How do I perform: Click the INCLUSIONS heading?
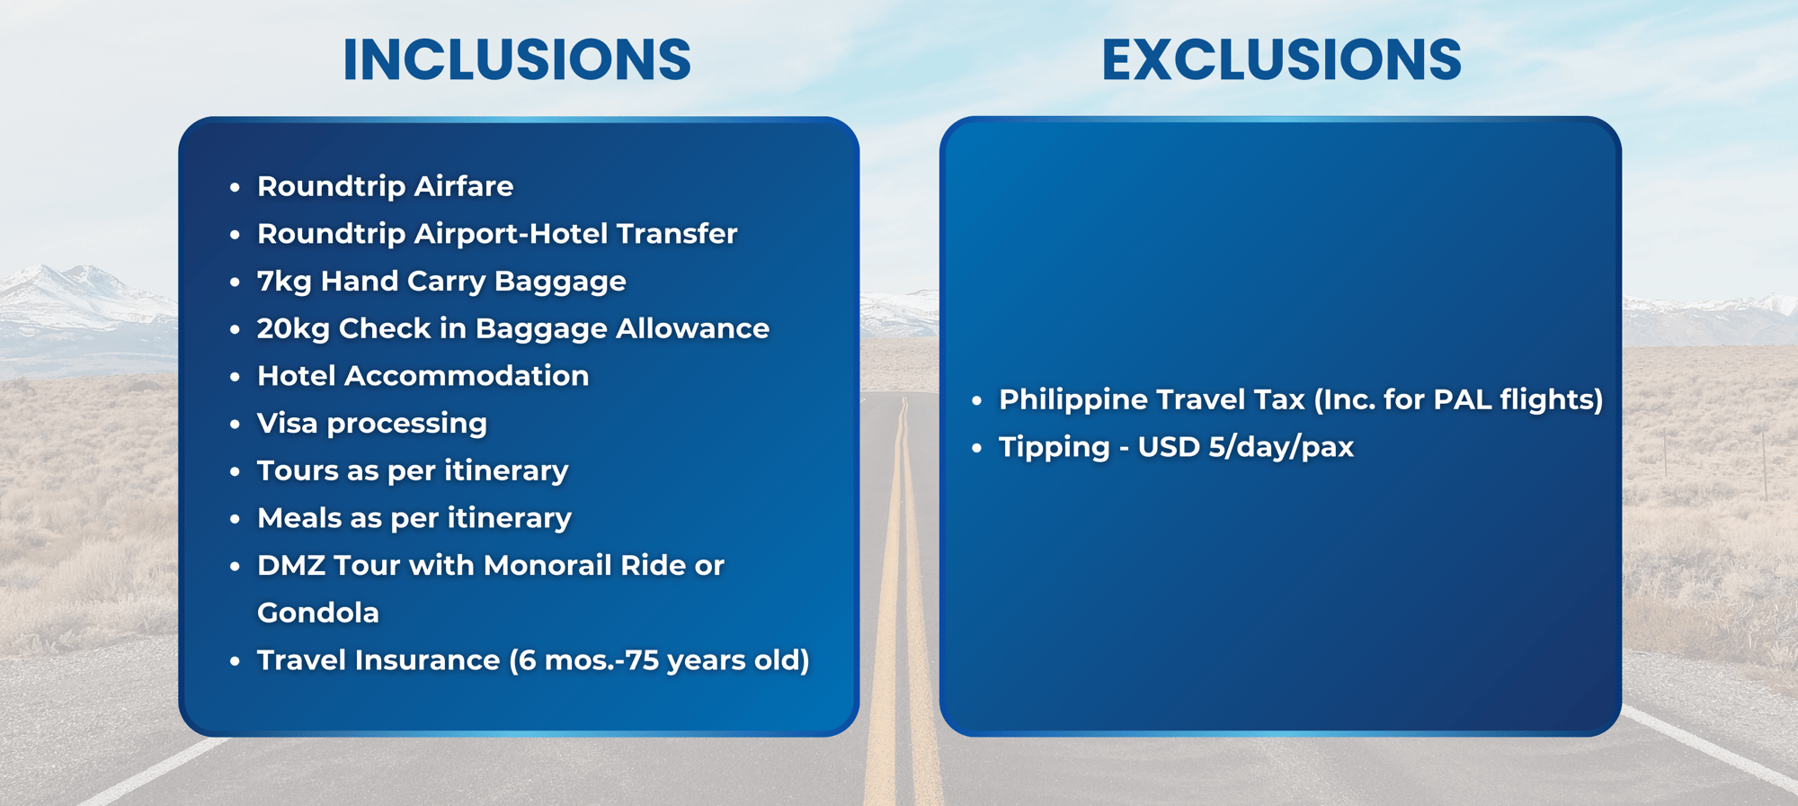click(517, 60)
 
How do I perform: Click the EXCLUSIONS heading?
click(1281, 60)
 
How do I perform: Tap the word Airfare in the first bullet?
click(464, 186)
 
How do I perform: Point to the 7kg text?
click(284, 282)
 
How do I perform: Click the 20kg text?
click(293, 329)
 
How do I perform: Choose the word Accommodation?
click(467, 376)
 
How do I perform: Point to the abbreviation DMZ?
click(290, 566)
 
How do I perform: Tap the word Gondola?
click(318, 613)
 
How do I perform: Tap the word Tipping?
click(1055, 448)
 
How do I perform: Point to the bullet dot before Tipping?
click(977, 447)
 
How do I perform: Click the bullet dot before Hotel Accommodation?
click(235, 376)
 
